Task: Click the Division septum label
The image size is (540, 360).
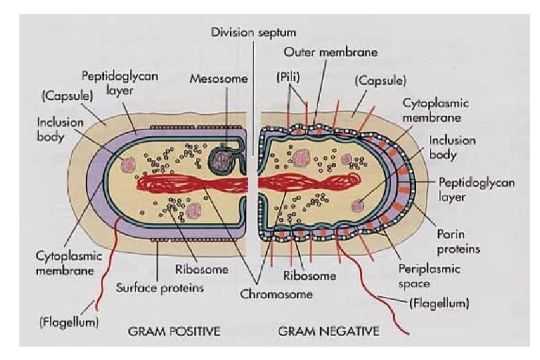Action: [x=253, y=31]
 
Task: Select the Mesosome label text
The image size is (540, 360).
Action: [x=219, y=78]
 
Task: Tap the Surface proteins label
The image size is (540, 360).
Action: [x=159, y=288]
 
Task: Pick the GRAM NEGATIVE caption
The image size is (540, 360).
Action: [x=329, y=330]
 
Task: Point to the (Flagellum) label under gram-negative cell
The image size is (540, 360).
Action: [x=439, y=303]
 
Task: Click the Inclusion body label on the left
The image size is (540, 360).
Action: [x=60, y=130]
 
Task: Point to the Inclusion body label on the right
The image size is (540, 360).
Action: [x=452, y=148]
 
